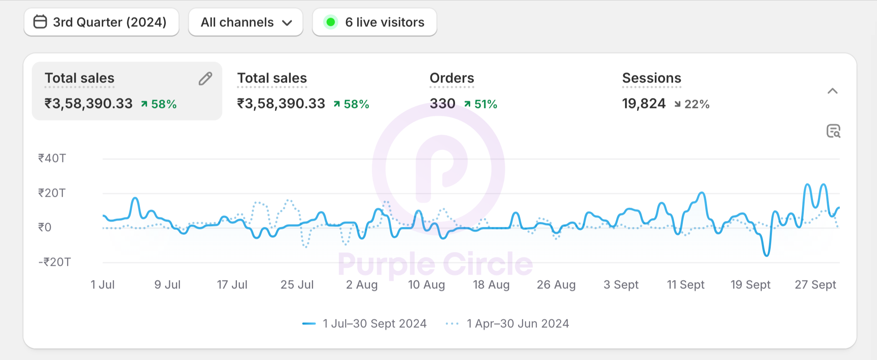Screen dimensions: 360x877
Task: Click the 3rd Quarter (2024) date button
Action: (x=101, y=22)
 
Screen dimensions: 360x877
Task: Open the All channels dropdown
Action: (x=246, y=22)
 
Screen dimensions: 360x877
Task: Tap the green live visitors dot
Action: (x=331, y=22)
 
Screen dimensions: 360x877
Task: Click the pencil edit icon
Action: (x=205, y=79)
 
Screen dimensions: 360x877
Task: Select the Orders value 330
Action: (x=442, y=103)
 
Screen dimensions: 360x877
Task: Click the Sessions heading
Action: (x=651, y=78)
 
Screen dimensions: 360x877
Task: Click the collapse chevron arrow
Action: (x=833, y=91)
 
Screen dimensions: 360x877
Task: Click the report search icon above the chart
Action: (x=833, y=131)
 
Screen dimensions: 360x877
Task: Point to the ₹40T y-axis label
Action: (x=52, y=158)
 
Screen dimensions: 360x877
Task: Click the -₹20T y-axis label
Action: (x=54, y=262)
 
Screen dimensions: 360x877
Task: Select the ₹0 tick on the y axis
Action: (x=45, y=227)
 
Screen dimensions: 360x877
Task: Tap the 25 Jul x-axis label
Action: (x=297, y=285)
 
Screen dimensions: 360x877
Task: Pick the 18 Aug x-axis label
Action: (x=491, y=285)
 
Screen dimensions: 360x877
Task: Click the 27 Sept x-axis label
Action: (x=815, y=285)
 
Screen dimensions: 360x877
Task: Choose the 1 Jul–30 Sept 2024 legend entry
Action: (x=364, y=324)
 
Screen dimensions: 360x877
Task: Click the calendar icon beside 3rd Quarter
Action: (x=40, y=22)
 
